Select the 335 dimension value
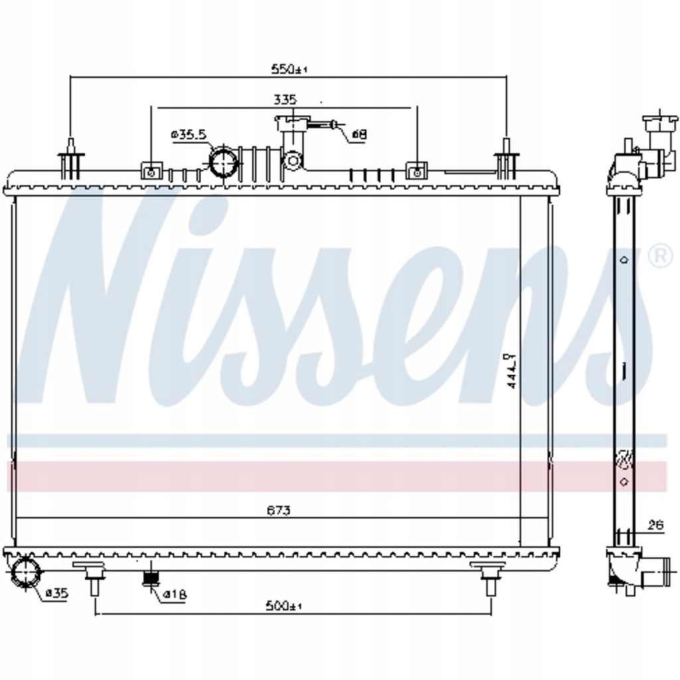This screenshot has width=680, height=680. click(x=284, y=100)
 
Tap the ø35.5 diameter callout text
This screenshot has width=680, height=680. click(x=189, y=135)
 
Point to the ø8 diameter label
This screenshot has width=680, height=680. click(x=359, y=134)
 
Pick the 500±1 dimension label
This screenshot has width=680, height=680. click(x=283, y=606)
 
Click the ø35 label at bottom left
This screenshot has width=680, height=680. click(x=57, y=594)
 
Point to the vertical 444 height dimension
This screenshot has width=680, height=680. click(x=510, y=375)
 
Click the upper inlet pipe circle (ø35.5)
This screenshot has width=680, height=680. click(x=224, y=162)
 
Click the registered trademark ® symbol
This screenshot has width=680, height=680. click(x=659, y=258)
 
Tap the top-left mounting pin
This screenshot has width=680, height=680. click(x=70, y=159)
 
